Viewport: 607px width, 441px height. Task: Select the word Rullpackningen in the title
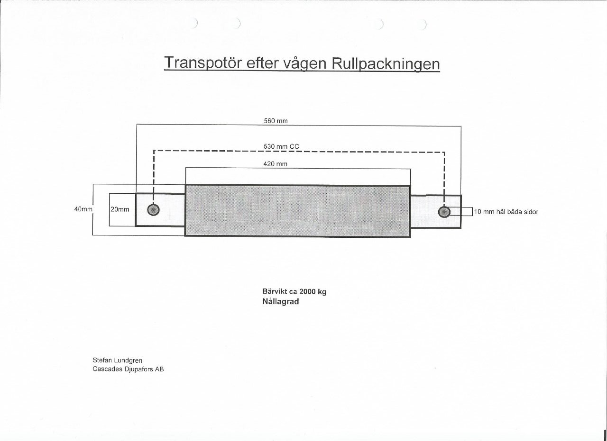[x=386, y=64]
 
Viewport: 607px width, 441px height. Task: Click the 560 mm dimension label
[x=276, y=121]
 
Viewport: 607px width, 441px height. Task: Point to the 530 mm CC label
[x=281, y=146]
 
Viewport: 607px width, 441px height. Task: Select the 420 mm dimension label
[x=276, y=164]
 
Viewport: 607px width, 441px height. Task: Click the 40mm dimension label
[x=83, y=209]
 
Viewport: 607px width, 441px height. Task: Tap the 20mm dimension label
[x=120, y=209]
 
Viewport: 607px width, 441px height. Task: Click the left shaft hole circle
[x=153, y=210]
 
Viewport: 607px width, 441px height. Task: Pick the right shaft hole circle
[x=444, y=212]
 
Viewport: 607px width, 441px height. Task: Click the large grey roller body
[x=297, y=211]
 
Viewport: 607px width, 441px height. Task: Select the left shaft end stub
[x=160, y=209]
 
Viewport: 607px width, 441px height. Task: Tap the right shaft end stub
[x=436, y=212]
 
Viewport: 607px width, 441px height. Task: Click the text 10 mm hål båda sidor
[x=506, y=212]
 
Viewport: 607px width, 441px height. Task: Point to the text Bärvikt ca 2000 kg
[x=294, y=292]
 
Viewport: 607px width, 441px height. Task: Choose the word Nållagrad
[x=281, y=302]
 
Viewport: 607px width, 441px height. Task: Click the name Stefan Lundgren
[x=117, y=360]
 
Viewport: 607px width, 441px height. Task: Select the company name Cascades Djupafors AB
[x=128, y=369]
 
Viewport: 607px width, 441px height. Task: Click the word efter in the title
[x=262, y=63]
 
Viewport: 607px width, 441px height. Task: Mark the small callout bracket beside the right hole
[x=473, y=212]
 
